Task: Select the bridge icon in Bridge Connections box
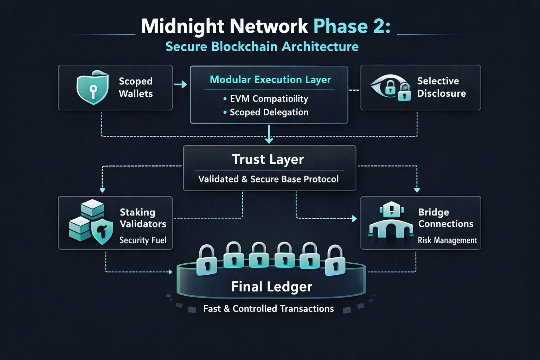391,221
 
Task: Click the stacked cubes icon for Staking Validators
86,220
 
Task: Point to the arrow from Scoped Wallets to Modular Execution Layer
181,85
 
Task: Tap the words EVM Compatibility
269,99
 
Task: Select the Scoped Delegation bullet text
269,112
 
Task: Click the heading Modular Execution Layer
270,79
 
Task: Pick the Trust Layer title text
268,159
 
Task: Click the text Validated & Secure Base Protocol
268,179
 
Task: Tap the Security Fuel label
143,240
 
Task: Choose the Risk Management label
447,240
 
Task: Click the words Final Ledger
271,287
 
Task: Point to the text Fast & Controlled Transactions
268,309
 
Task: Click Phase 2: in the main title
352,26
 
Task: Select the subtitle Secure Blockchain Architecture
262,47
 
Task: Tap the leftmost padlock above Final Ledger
207,260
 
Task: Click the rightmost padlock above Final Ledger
335,260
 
